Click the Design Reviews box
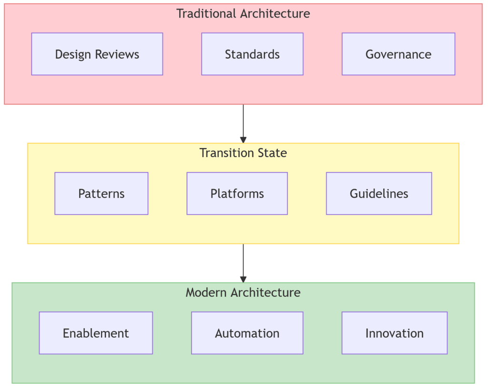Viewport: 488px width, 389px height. [x=97, y=54]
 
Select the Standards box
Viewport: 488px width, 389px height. [x=252, y=54]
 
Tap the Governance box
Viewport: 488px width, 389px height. [x=398, y=54]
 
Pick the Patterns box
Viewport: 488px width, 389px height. [x=102, y=193]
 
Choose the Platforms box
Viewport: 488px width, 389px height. [x=237, y=193]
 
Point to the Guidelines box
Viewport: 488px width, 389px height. [x=379, y=193]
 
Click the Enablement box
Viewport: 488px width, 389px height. [x=96, y=333]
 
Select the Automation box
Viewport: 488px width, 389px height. [x=247, y=333]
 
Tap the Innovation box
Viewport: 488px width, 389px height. [x=395, y=333]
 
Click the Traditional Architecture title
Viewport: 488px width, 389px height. [x=243, y=13]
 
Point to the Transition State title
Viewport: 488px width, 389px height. [x=243, y=153]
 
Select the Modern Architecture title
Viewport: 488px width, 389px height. [x=243, y=292]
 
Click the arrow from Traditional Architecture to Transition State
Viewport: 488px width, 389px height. [x=243, y=123]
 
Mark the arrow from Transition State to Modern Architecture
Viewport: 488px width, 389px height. [x=243, y=263]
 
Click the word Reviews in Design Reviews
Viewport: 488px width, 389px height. [x=118, y=54]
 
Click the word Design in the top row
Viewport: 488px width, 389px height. [x=73, y=54]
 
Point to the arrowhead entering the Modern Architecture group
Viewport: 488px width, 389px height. [x=243, y=280]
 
